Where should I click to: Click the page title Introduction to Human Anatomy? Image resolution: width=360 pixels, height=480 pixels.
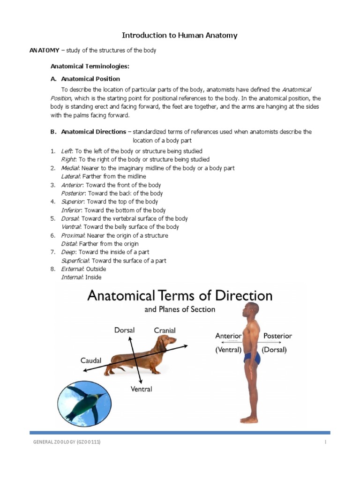[x=180, y=35]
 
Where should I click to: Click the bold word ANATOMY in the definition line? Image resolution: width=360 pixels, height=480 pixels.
[x=45, y=51]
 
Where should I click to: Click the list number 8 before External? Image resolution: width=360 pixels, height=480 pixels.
[x=53, y=269]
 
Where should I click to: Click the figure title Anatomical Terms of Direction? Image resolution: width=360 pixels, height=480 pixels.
[x=180, y=296]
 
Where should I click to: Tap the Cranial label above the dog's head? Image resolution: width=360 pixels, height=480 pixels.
[x=165, y=330]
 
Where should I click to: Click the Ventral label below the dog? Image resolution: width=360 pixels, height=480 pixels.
[x=141, y=389]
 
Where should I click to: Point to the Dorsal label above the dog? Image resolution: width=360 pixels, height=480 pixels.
[x=124, y=330]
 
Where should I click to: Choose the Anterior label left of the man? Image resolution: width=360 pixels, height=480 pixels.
[x=228, y=336]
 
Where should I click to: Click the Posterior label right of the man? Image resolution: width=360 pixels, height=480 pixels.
[x=277, y=336]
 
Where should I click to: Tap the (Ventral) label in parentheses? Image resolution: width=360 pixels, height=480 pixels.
[x=228, y=350]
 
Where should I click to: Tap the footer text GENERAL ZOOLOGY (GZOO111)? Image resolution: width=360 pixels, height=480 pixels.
[x=66, y=442]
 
